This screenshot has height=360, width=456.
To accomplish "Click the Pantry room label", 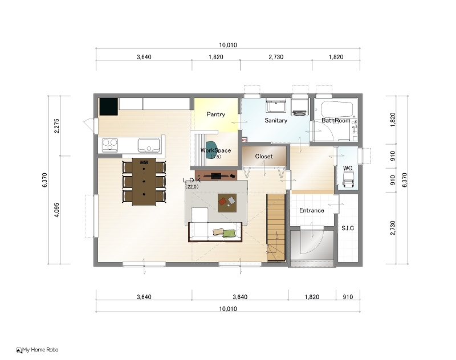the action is tap(215, 114).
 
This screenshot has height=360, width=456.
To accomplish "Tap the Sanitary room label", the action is tap(276, 120).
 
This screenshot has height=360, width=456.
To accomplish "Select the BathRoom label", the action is tap(336, 120).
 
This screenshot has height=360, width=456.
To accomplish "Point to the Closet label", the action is tap(264, 156).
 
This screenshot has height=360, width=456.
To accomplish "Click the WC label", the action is tap(348, 168).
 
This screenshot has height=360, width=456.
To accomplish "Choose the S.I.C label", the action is tap(348, 228).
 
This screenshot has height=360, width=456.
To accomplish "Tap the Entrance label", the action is tap(311, 210).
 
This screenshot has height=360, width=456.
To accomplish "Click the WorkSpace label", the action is tap(215, 150).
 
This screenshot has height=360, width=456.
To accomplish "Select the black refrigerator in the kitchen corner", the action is tap(109, 107).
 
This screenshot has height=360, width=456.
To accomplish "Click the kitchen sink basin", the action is tap(149, 145).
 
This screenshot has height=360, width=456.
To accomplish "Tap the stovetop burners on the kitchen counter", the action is tap(110, 145).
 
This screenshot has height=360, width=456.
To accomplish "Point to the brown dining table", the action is tap(144, 182).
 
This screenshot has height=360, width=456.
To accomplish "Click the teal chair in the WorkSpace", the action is tap(211, 150).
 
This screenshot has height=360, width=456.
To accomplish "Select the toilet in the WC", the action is tap(348, 178).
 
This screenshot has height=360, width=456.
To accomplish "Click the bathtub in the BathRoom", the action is tap(337, 109).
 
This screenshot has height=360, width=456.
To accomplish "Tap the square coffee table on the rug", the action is tap(227, 203).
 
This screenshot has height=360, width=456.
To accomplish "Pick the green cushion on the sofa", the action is tap(229, 234).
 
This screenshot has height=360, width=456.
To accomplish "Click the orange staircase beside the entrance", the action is tap(276, 228).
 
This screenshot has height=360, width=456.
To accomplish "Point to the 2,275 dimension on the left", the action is tap(56, 126).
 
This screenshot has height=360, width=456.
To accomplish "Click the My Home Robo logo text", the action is tap(40, 350).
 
